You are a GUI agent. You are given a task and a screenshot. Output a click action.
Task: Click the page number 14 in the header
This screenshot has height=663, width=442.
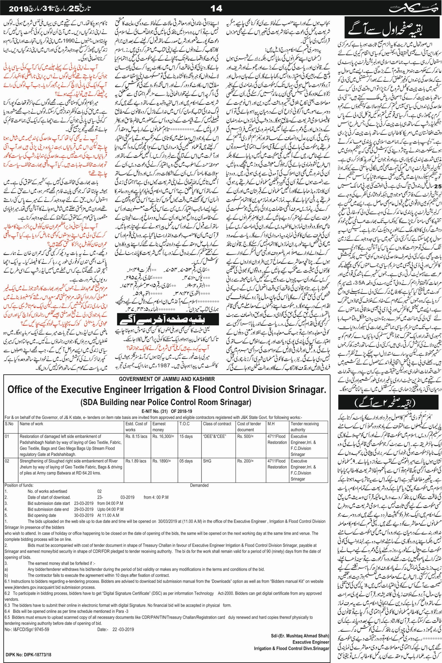pyautogui.click(x=217, y=9)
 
